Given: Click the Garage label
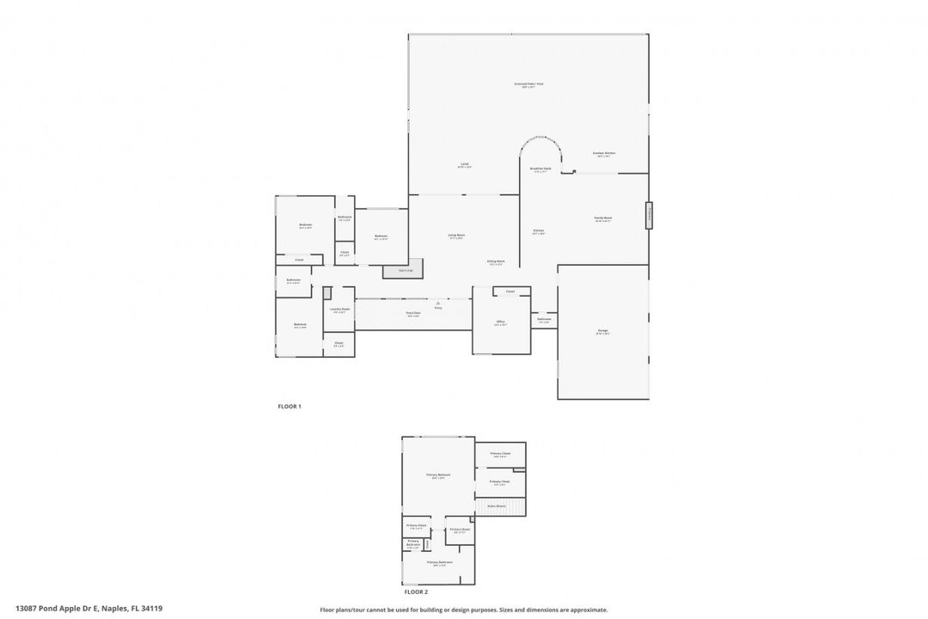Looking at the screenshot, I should [602, 331].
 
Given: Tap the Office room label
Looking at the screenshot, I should [500, 323].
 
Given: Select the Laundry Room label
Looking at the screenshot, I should [339, 309].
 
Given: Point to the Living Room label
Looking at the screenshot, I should [456, 236].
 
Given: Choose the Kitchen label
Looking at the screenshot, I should [539, 231].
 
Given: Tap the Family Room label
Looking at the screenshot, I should [603, 218].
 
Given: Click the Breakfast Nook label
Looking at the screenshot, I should [540, 169].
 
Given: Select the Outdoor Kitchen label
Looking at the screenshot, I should [604, 154].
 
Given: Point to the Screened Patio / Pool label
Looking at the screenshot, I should [528, 85].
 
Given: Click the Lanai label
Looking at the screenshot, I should [464, 165].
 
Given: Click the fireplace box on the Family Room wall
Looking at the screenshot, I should [650, 215].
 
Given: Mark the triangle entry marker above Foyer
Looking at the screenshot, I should [437, 303].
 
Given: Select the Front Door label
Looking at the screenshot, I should [413, 314].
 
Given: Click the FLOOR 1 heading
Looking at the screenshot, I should [290, 406].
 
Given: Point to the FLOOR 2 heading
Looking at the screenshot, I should [416, 591].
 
